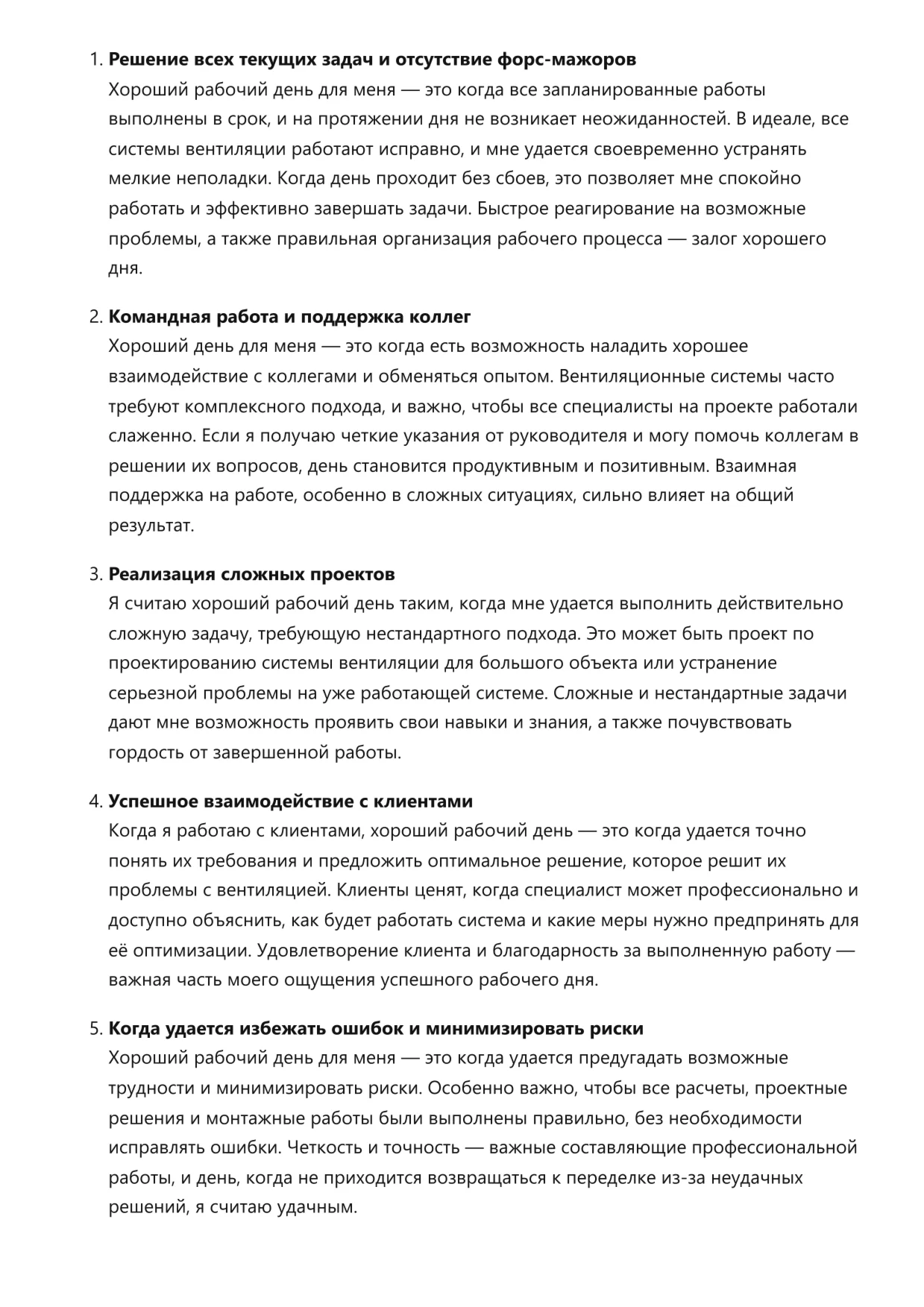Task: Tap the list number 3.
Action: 95,575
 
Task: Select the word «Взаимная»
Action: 755,467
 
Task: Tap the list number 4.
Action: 95,801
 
